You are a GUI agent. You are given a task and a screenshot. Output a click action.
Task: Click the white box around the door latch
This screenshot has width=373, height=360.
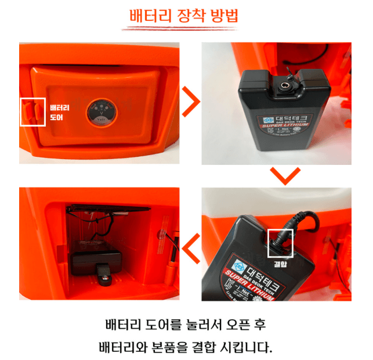coord(32,111)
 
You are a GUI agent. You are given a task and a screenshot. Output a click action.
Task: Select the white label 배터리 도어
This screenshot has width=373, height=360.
coord(59,112)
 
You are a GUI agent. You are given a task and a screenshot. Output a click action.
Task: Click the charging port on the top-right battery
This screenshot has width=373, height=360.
coord(285,87)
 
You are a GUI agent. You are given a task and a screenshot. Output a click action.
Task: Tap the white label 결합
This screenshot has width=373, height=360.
coord(280,263)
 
